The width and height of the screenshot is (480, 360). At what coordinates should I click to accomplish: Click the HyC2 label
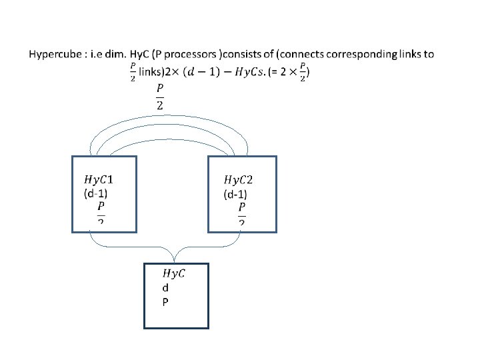click(238, 180)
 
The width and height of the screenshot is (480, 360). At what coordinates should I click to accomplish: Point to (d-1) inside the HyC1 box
click(95, 194)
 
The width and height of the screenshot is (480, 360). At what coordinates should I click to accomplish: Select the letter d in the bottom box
click(165, 288)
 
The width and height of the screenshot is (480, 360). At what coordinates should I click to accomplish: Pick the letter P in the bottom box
click(165, 301)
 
